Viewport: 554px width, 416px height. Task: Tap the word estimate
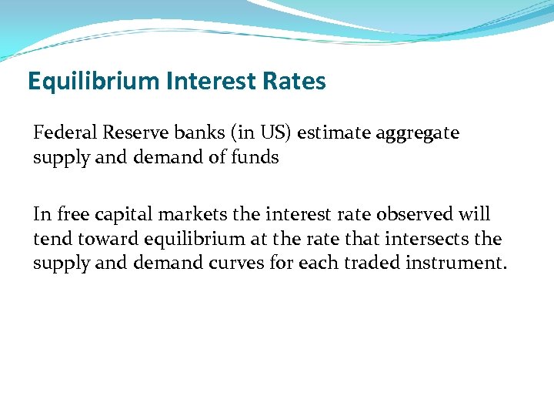click(333, 133)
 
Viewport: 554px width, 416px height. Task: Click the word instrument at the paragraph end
click(457, 263)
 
